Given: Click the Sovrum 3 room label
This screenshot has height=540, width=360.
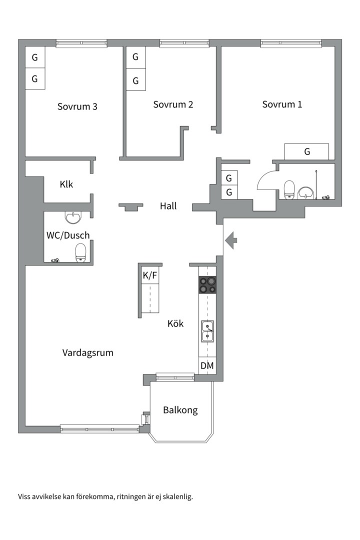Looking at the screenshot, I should pyautogui.click(x=77, y=106).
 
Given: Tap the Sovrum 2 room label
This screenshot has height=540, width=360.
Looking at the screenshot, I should pyautogui.click(x=173, y=104).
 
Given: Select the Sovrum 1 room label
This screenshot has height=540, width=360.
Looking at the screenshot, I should pyautogui.click(x=282, y=104).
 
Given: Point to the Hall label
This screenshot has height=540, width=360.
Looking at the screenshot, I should pyautogui.click(x=168, y=205).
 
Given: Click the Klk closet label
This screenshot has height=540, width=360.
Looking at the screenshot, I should pyautogui.click(x=66, y=184).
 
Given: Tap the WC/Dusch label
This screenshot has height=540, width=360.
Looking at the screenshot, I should pyautogui.click(x=68, y=235).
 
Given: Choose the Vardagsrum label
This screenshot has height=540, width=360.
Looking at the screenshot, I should pyautogui.click(x=88, y=352).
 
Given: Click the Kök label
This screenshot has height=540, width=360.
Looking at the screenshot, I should pyautogui.click(x=175, y=323).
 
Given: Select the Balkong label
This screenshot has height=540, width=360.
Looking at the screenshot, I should pyautogui.click(x=180, y=410).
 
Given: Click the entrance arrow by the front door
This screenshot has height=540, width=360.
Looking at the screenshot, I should pyautogui.click(x=231, y=240).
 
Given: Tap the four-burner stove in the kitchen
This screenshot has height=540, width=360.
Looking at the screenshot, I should pyautogui.click(x=207, y=285).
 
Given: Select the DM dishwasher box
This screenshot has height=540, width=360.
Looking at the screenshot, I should pyautogui.click(x=207, y=366).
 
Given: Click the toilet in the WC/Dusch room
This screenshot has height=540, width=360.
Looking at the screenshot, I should pyautogui.click(x=80, y=252).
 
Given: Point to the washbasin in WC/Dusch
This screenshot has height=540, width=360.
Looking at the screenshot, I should pyautogui.click(x=73, y=217).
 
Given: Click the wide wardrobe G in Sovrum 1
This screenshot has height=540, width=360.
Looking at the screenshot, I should pyautogui.click(x=306, y=151).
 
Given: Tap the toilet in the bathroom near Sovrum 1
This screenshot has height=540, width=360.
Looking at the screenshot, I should pyautogui.click(x=289, y=189).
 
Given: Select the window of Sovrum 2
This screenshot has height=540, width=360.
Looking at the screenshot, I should pyautogui.click(x=183, y=44).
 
